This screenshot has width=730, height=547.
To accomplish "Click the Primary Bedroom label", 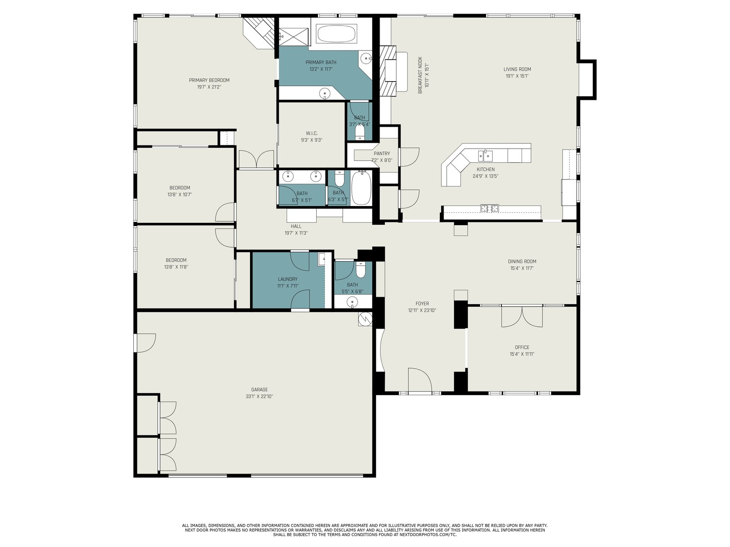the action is [209, 80].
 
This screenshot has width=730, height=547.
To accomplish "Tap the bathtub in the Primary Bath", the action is [336, 33].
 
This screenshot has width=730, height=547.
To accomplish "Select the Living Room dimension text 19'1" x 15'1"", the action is [517, 76].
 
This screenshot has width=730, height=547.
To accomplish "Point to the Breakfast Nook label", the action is [420, 75].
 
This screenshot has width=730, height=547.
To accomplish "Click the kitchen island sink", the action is [485, 155].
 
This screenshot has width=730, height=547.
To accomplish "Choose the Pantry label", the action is [382, 154].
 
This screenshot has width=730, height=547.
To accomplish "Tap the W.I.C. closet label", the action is [312, 133].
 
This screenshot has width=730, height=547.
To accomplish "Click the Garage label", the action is [260, 390].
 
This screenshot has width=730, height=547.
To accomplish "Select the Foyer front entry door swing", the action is [420, 380].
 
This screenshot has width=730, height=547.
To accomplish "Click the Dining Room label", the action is [522, 261].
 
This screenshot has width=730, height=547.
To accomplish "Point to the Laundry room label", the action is [288, 279].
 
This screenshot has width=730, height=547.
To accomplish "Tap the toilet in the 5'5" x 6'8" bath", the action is [360, 269].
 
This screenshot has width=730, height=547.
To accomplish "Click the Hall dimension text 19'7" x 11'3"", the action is [296, 233].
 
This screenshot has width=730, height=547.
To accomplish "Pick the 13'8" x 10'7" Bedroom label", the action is [180, 188].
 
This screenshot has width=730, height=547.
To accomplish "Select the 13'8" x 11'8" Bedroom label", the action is [176, 260].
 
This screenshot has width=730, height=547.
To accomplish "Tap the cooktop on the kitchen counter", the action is [490, 209].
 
